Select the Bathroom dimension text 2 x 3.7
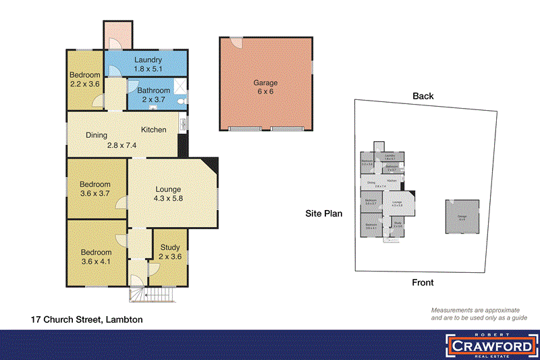154,100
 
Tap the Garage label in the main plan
265,83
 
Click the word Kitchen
153,129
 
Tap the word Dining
97,135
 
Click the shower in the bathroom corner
180,86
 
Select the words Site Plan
324,213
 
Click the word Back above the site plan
423,96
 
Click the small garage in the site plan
462,216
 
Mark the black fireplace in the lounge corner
211,164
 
